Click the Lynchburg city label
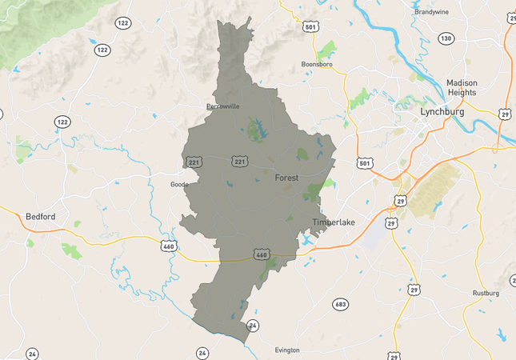pos(442,112)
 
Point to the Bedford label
pos(41,216)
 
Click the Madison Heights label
pos(461,87)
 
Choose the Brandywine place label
pos(434,12)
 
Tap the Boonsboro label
pos(316,64)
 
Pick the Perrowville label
pos(223,106)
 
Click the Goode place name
pos(179,184)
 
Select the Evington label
pos(286,350)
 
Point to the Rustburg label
pos(486,293)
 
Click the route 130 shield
pos(446,38)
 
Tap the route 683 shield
pos(341,304)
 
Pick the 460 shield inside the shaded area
pos(261,254)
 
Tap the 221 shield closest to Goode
pos(194,162)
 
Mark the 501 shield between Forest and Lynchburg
pos(365,163)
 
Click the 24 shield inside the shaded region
pos(253,326)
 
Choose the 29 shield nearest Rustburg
pos(414,289)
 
